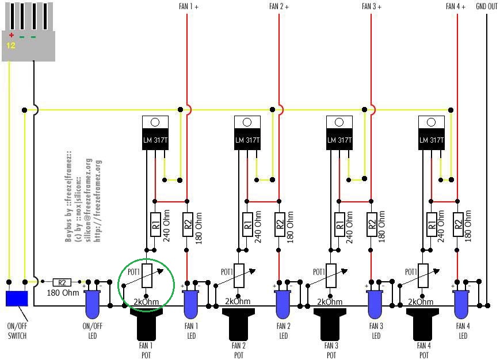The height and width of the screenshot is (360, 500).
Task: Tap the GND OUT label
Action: (487, 7)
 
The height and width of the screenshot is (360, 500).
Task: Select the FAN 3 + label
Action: (372, 7)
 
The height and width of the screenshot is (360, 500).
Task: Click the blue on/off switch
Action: (17, 298)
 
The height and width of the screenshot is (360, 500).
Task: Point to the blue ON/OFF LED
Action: (93, 303)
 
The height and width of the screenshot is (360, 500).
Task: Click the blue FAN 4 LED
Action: (462, 303)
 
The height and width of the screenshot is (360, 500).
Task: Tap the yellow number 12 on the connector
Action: (11, 45)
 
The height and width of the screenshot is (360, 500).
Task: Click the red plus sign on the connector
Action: (11, 36)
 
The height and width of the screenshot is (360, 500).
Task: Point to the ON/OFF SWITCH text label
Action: (17, 330)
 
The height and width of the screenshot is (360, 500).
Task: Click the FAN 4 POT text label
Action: (423, 350)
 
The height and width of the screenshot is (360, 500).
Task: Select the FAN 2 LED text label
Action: (284, 332)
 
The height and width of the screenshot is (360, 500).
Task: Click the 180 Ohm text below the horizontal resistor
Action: (63, 293)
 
